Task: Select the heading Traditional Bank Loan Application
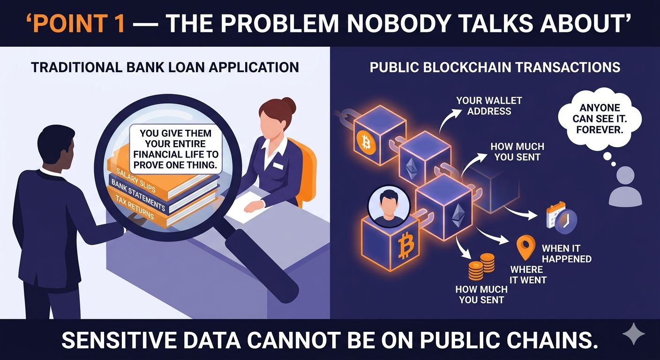tap(165, 67)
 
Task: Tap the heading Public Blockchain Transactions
tap(495, 67)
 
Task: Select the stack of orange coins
tap(481, 267)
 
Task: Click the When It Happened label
tap(566, 254)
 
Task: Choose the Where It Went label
tap(528, 275)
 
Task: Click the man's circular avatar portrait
tap(389, 206)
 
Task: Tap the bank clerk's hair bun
tap(289, 105)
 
